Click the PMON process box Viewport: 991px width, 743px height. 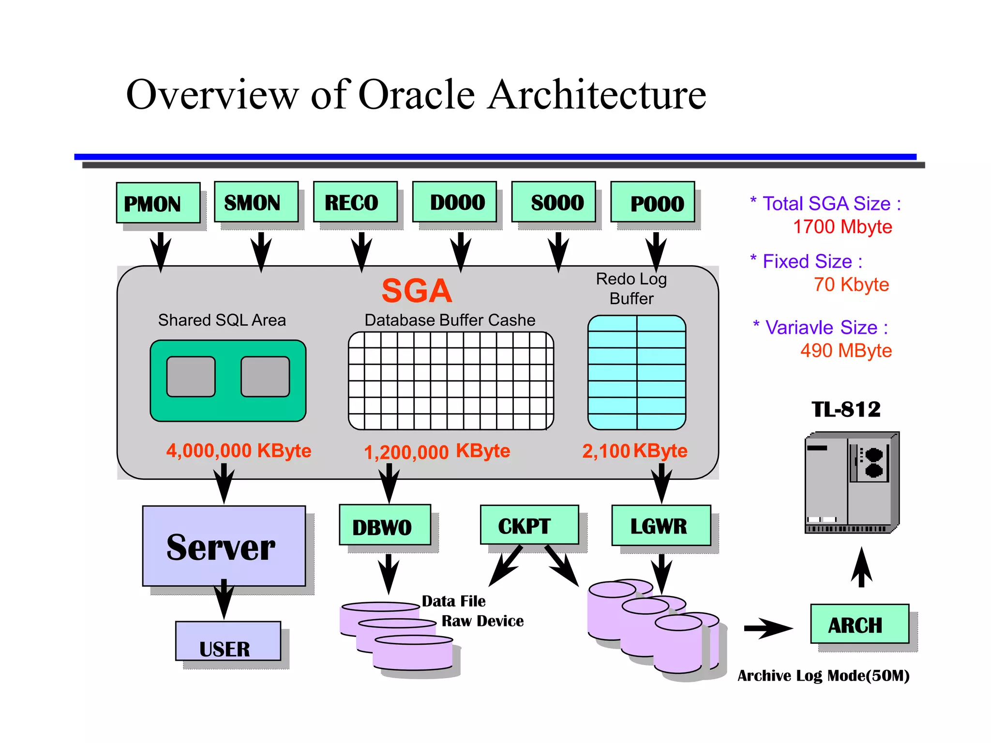158,203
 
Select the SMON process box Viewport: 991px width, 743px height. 256,202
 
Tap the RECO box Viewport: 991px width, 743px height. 355,202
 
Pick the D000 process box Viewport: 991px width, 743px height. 454,202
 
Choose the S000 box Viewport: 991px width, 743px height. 554,202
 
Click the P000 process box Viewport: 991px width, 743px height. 653,202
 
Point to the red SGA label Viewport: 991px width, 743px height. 417,291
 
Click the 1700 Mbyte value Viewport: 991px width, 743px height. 842,227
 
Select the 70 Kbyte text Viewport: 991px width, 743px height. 851,284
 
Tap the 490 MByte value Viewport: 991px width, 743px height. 846,350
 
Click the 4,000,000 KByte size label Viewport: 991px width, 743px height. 239,450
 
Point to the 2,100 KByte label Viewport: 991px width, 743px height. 634,451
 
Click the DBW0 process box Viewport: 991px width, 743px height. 385,525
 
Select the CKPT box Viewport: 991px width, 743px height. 529,525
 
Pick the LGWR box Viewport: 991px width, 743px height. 661,525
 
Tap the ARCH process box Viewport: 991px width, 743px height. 859,624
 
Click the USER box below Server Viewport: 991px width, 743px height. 228,641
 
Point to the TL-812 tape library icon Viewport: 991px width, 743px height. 852,482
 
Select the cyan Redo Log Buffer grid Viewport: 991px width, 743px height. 637,372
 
